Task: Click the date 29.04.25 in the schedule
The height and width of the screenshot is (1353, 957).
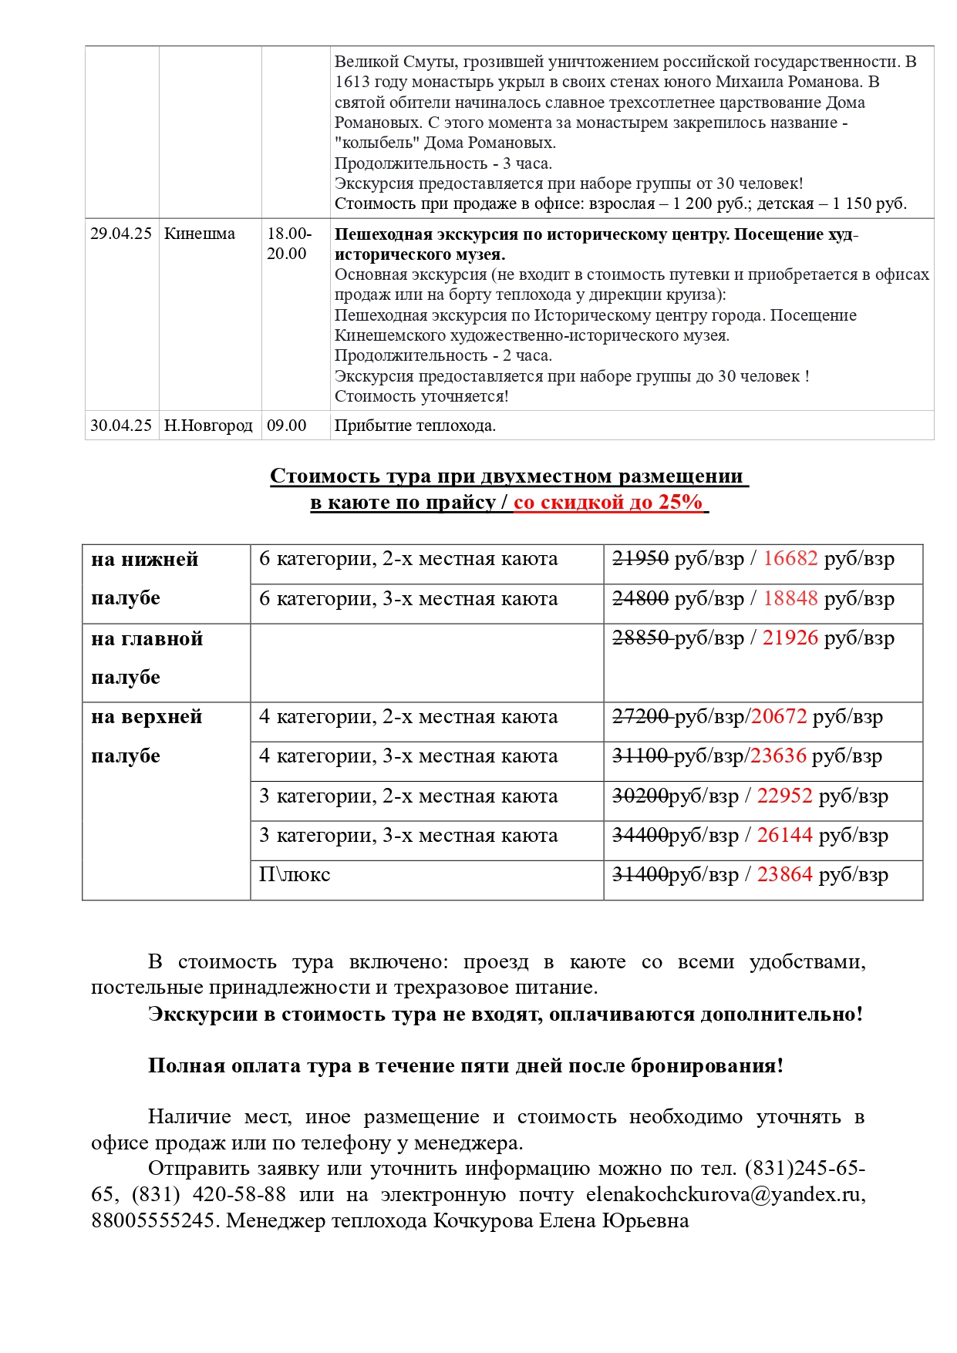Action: tap(121, 234)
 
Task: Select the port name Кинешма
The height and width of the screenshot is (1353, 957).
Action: tap(200, 234)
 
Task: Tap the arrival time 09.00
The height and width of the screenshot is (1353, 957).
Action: tap(287, 426)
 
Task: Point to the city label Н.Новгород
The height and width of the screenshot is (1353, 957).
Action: tap(208, 426)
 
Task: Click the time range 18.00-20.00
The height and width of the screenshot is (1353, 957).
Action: tap(289, 244)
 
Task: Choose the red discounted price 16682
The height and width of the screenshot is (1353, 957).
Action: tap(790, 558)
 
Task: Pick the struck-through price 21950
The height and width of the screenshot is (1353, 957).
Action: tap(640, 558)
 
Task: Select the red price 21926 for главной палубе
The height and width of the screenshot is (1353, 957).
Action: tap(790, 638)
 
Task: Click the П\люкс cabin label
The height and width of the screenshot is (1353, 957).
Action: tap(295, 874)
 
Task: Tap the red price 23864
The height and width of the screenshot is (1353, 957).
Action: tap(785, 874)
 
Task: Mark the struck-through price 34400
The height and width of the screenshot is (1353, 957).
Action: tap(640, 835)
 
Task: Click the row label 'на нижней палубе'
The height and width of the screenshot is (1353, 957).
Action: tap(145, 578)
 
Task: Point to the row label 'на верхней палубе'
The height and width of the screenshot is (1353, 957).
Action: tap(147, 736)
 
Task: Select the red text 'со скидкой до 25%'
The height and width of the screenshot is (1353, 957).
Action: tap(608, 502)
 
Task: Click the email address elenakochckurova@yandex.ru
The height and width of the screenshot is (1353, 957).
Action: tap(726, 1194)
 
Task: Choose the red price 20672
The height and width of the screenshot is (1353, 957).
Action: tap(779, 716)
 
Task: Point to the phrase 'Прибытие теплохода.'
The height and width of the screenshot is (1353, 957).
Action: tap(415, 426)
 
